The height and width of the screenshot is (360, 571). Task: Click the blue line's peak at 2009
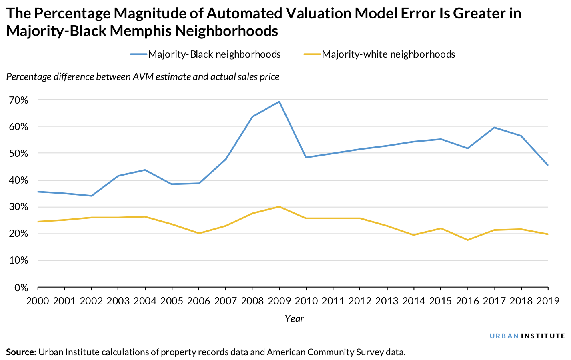pos(279,102)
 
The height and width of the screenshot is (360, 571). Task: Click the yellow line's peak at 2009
pos(279,207)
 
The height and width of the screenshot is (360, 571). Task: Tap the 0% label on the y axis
pos(20,288)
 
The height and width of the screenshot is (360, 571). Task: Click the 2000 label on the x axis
pos(38,301)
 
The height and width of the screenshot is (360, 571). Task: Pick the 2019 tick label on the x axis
pos(548,301)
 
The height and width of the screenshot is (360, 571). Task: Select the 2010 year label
pos(306,301)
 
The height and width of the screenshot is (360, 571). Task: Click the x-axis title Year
pos(294,319)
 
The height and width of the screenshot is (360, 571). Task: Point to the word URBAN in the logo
pos(504,336)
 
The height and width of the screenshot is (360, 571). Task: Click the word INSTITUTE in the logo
pos(543,336)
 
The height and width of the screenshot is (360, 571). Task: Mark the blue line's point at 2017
pos(495,128)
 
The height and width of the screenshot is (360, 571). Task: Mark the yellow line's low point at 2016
pos(467,240)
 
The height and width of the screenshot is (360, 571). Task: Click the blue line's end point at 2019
pos(548,165)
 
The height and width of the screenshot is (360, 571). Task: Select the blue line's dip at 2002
pos(92,196)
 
